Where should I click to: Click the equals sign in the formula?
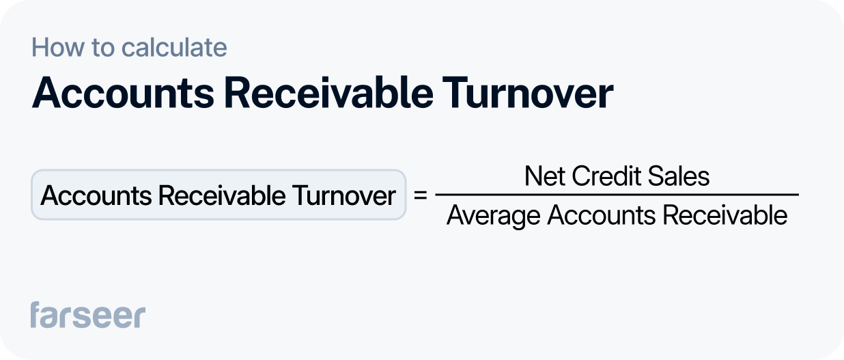click(x=421, y=196)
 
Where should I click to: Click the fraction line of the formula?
click(x=617, y=195)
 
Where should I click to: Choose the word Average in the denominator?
click(x=493, y=216)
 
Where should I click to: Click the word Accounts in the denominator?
click(x=601, y=216)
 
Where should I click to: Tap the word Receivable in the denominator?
click(x=725, y=216)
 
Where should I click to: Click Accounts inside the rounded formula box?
click(x=96, y=196)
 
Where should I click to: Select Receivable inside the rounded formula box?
click(x=221, y=196)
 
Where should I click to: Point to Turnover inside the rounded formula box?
click(x=344, y=196)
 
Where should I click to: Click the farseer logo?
click(x=87, y=314)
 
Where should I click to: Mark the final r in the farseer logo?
click(x=139, y=316)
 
